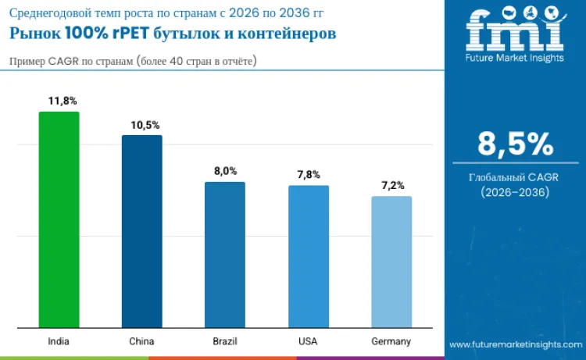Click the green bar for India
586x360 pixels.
pos(59,219)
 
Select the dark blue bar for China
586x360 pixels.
pos(141,231)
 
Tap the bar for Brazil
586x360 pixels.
pos(225,255)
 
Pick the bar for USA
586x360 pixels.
pos(308,256)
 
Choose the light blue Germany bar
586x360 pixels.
pos(391,262)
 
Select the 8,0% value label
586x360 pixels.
pos(225,171)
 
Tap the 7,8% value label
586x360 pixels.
pos(309,175)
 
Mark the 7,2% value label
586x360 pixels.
pos(392,185)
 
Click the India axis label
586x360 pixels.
pos(59,341)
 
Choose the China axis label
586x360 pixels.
pos(141,341)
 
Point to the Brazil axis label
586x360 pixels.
pos(225,341)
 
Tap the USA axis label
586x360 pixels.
pos(308,341)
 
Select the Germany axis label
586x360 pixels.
pos(391,341)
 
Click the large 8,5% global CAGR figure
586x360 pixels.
pos(515,144)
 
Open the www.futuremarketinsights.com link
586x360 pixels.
pos(515,344)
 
